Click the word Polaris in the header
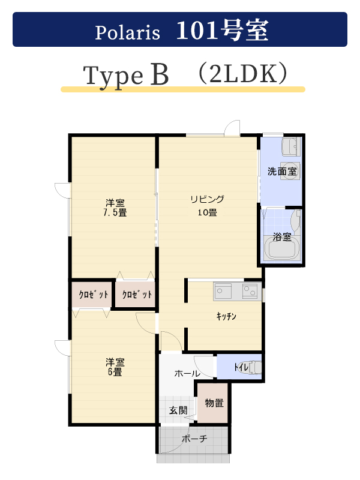click(127, 32)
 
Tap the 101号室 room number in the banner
click(223, 31)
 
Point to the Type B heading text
click(126, 76)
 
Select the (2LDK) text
click(244, 74)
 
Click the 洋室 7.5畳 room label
click(115, 208)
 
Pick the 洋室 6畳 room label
click(115, 367)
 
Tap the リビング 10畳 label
click(207, 206)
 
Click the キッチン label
click(226, 316)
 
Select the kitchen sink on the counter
click(223, 291)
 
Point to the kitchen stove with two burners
click(250, 291)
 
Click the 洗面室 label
click(282, 172)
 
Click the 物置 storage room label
click(214, 403)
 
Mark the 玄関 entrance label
click(178, 410)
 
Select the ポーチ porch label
click(194, 439)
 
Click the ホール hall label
click(187, 373)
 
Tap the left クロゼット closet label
click(94, 295)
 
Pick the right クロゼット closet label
click(137, 295)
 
